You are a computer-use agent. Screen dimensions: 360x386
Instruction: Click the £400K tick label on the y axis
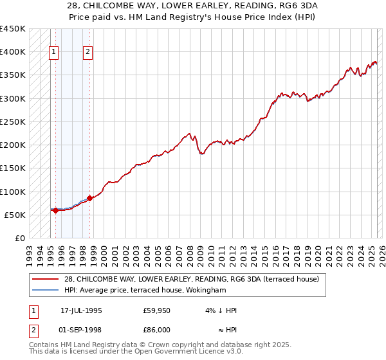point(13,52)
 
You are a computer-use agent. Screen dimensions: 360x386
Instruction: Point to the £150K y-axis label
point(13,168)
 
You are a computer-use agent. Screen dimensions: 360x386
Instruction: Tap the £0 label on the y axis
point(19,239)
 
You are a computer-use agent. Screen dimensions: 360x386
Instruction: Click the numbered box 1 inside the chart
point(54,53)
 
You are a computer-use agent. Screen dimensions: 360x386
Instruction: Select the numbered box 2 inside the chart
point(88,53)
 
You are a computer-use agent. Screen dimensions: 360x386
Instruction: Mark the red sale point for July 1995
point(55,210)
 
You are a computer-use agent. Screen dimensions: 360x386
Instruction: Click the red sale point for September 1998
point(89,198)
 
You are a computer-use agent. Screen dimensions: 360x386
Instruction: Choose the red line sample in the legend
point(46,279)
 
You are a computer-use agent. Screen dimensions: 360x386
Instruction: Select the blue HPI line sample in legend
point(46,290)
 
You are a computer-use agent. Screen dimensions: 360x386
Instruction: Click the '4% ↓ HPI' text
point(222,310)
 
